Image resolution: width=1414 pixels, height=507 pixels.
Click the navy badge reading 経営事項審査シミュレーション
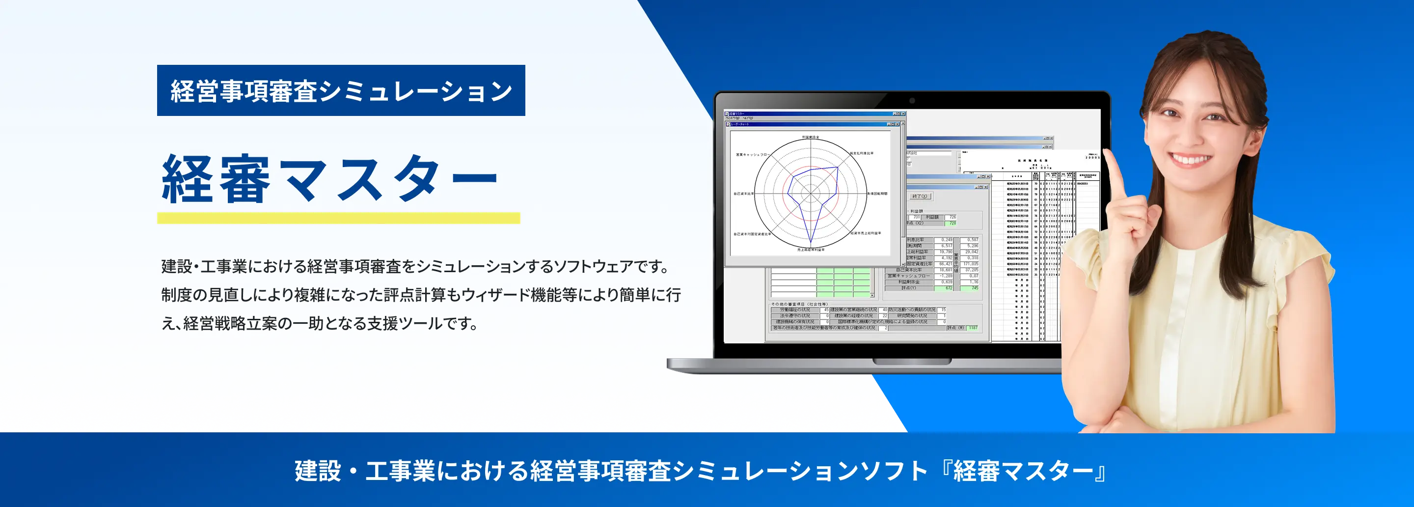(x=341, y=90)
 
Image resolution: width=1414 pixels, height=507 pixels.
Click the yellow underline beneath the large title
(x=338, y=218)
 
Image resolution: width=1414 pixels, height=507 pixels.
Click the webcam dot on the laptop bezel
(x=912, y=101)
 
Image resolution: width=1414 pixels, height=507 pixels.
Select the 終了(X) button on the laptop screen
(x=920, y=196)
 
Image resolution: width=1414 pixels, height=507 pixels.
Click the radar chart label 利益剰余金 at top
(x=810, y=137)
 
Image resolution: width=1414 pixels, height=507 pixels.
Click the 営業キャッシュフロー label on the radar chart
(x=752, y=155)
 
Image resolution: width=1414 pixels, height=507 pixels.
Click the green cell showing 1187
(x=973, y=328)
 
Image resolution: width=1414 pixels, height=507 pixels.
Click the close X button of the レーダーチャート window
(x=897, y=124)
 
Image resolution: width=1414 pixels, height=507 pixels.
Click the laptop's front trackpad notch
(x=912, y=362)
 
